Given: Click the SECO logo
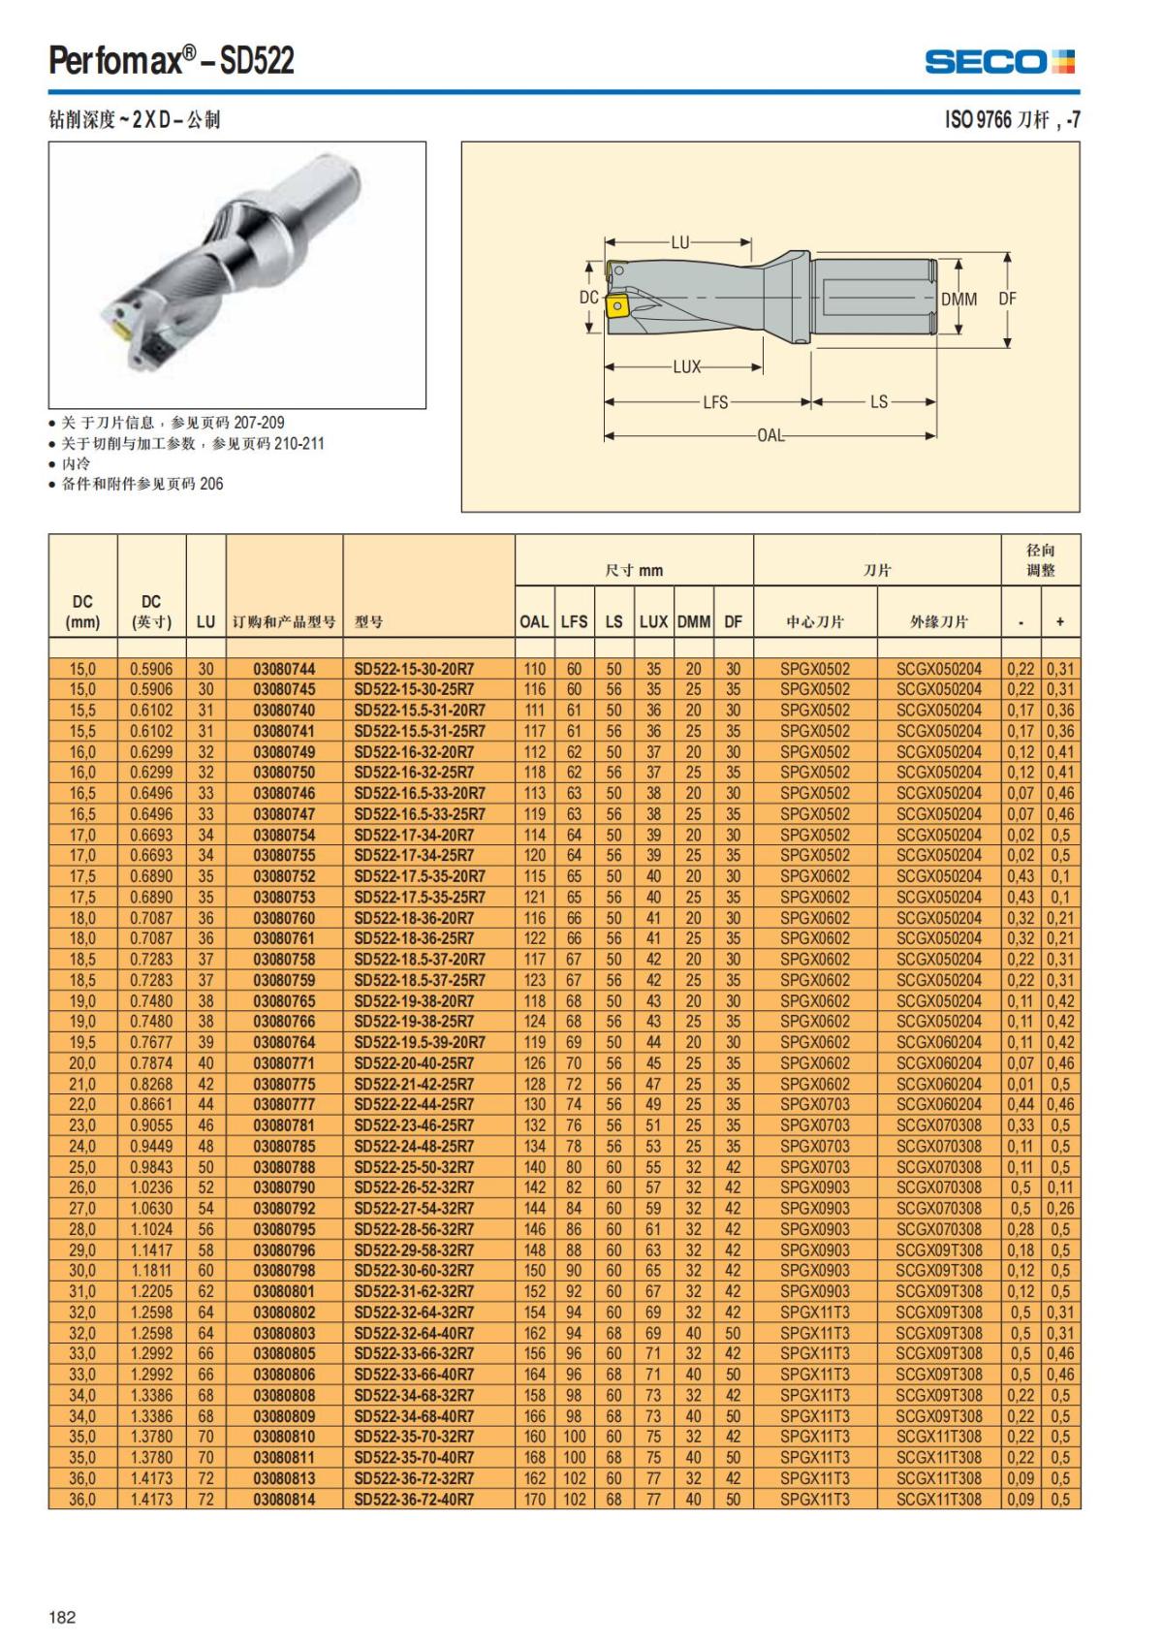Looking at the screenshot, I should click(x=999, y=62).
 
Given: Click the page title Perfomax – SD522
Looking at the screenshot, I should click(x=172, y=61).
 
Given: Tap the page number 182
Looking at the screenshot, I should click(x=62, y=1616).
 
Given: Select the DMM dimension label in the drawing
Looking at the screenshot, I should click(x=959, y=299).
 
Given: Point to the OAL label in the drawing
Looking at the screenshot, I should click(x=770, y=435).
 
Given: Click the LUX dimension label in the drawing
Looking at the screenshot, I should click(x=686, y=367).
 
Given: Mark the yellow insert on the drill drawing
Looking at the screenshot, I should click(x=615, y=307).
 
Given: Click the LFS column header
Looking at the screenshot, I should click(x=574, y=621).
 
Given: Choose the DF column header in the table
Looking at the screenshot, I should click(x=733, y=621).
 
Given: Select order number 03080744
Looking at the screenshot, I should click(x=284, y=669).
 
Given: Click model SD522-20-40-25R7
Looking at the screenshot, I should click(x=414, y=1063).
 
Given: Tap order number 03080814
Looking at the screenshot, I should click(x=284, y=1500).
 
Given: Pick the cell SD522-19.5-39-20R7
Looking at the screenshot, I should click(x=419, y=1043).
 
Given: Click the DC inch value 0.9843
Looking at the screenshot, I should click(x=151, y=1167).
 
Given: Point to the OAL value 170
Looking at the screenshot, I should click(x=534, y=1500).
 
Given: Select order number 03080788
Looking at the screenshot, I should click(x=284, y=1167).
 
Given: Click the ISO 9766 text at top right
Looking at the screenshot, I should click(x=978, y=119).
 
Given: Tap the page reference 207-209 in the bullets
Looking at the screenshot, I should click(x=259, y=423).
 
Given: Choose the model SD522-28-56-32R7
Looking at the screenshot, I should click(x=414, y=1229).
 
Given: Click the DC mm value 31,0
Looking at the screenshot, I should click(x=82, y=1291).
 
